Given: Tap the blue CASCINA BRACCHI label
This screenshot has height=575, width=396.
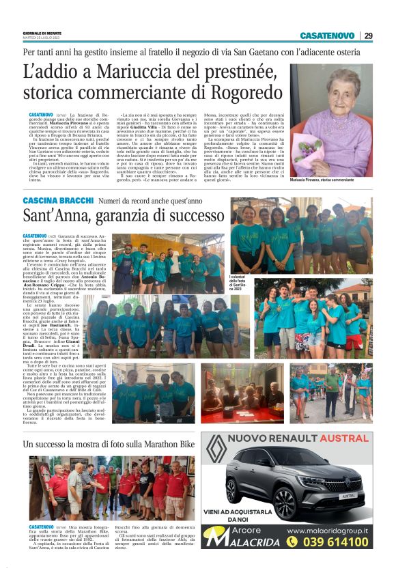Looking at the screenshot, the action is click(57, 201).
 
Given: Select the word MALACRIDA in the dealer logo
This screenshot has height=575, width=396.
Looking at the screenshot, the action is click(251, 542).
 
